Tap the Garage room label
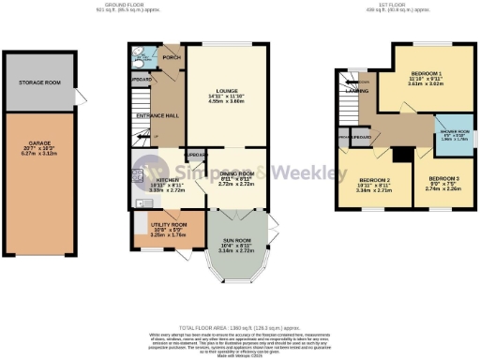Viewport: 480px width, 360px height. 38,145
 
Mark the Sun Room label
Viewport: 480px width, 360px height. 231,218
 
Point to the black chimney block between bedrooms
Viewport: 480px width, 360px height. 398,153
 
